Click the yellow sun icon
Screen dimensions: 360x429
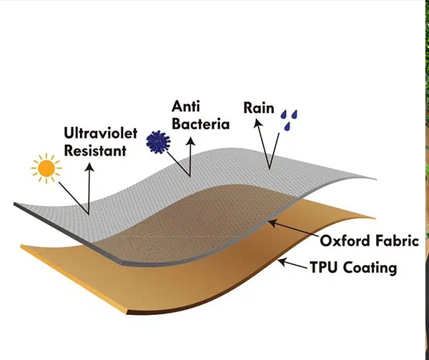point(46,169)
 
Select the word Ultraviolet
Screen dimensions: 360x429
point(96,134)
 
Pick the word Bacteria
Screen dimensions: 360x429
point(200,124)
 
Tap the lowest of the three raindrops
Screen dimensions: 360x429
point(287,126)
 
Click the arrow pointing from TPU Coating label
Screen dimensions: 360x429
point(292,264)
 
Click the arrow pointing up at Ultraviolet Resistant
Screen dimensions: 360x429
point(89,186)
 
